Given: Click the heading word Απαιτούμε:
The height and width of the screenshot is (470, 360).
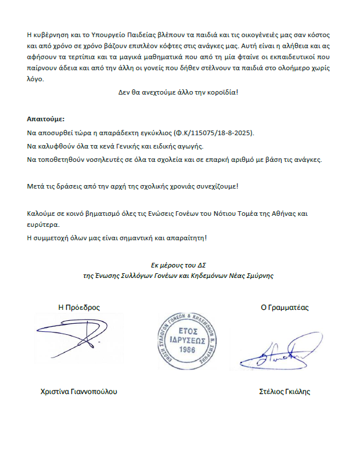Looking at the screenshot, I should pyautogui.click(x=46, y=118).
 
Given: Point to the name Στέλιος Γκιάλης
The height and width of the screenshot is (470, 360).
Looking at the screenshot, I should pyautogui.click(x=285, y=392).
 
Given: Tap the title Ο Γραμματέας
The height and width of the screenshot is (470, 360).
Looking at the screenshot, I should pyautogui.click(x=284, y=308).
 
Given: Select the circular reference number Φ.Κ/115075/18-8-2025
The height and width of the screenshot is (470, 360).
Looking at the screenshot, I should pyautogui.click(x=207, y=132).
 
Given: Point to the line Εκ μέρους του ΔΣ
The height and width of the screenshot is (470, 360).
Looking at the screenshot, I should pyautogui.click(x=179, y=265).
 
